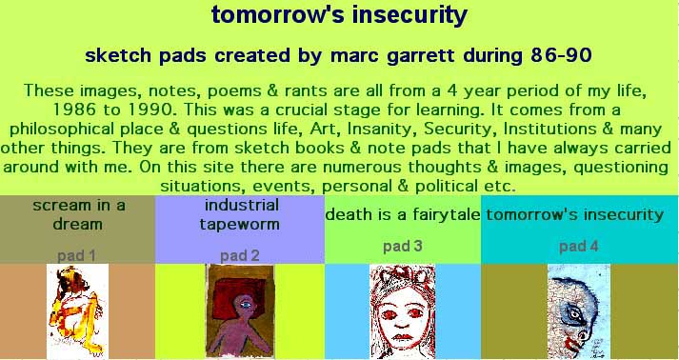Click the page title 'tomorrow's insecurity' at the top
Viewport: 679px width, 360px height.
(339, 14)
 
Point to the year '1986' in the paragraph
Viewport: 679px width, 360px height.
(73, 110)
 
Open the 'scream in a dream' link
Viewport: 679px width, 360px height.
(78, 214)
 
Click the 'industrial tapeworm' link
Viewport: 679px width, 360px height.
(239, 214)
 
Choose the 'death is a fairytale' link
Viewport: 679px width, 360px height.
(403, 214)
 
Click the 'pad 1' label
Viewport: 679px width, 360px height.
(76, 256)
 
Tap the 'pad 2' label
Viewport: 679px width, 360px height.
(239, 256)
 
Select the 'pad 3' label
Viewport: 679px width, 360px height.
(402, 247)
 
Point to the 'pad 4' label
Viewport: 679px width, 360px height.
(579, 247)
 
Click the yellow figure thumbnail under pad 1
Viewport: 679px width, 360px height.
(77, 311)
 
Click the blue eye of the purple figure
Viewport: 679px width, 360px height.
(246, 305)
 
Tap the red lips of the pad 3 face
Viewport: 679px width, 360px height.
(403, 336)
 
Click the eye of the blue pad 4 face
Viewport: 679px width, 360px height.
(575, 315)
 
